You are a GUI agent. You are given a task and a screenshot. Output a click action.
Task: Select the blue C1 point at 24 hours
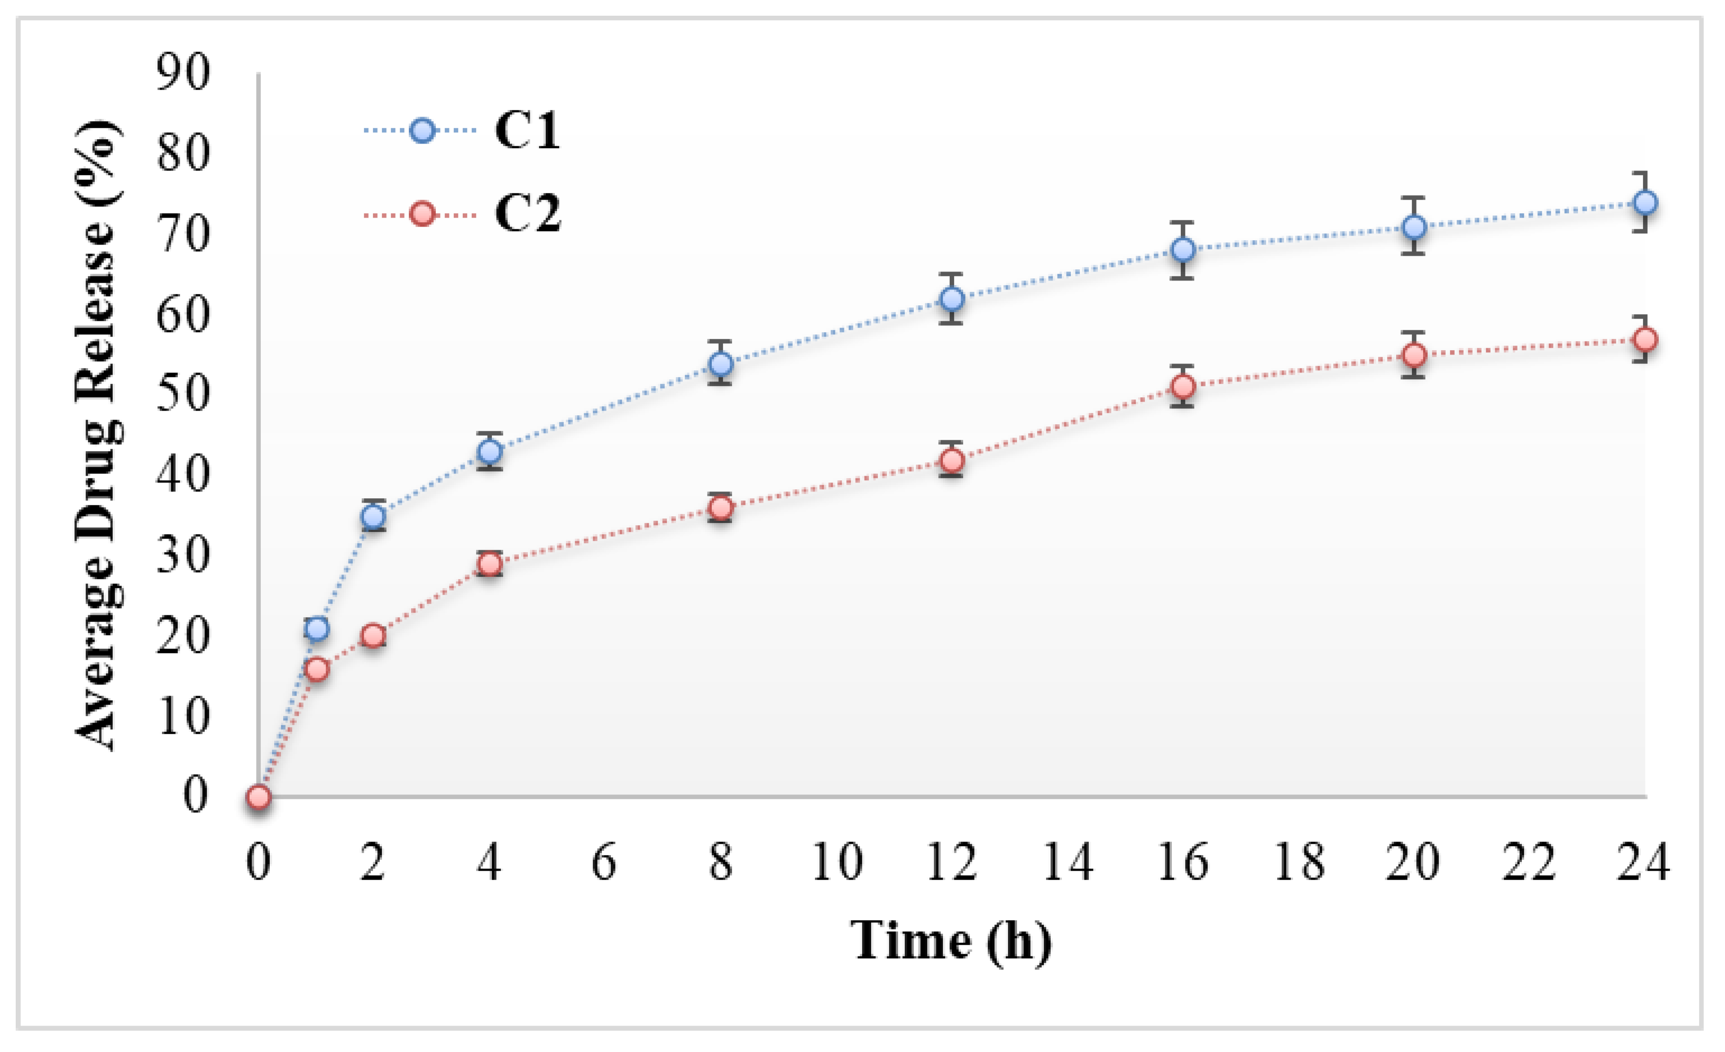coord(1644,203)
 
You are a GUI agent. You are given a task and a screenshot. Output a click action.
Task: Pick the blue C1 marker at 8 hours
coord(720,364)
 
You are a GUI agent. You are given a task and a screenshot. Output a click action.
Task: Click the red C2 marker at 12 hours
coord(952,461)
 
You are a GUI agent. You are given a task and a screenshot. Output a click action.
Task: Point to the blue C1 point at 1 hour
coord(317,629)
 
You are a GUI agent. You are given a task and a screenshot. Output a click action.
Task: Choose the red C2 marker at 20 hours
coord(1414,356)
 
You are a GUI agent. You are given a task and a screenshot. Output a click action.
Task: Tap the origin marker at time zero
coord(259,797)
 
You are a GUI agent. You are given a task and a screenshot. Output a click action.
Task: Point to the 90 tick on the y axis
coord(183,73)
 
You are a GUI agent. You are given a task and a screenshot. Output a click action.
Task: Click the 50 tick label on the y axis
coord(183,394)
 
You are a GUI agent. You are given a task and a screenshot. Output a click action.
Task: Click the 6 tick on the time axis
coord(604,862)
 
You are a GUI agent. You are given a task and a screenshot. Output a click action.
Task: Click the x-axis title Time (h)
coord(951,941)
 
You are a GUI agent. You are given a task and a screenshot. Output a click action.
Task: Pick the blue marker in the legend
coord(422,131)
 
